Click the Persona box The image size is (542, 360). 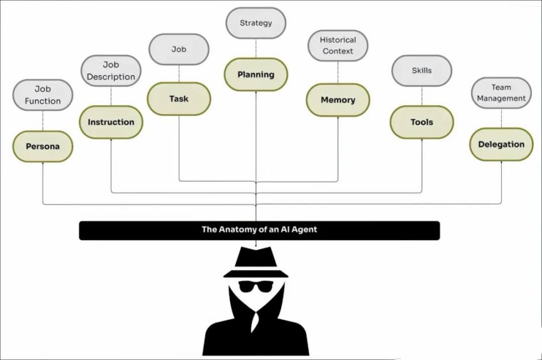(42, 147)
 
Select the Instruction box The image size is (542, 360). (111, 122)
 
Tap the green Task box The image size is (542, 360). (179, 99)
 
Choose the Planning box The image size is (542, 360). (256, 74)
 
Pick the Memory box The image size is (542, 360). (338, 100)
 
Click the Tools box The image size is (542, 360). (422, 122)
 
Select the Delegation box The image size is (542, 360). (501, 144)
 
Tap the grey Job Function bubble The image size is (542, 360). (42, 95)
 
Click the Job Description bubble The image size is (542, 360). (111, 71)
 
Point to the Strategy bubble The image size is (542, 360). (256, 23)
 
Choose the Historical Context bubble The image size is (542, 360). (338, 46)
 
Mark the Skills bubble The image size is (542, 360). (422, 71)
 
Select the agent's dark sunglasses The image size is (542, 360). (256, 286)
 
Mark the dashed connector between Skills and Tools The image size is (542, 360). (422, 96)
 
